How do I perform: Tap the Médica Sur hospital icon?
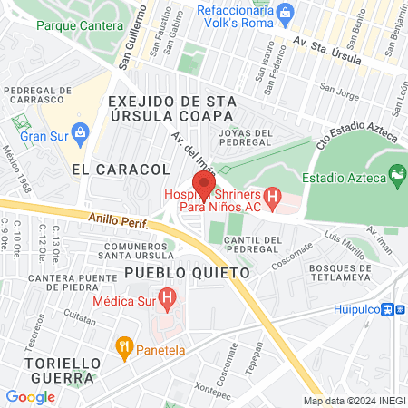click(166, 296)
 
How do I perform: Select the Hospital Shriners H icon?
click(272, 197)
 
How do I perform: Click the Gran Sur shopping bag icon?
click(79, 132)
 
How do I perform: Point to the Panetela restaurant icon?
click(125, 346)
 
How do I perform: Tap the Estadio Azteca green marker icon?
click(396, 172)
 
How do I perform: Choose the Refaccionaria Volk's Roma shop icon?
click(286, 12)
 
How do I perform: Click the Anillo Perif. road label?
click(119, 219)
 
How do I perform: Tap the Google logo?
click(30, 396)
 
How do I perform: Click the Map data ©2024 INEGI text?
click(353, 401)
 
